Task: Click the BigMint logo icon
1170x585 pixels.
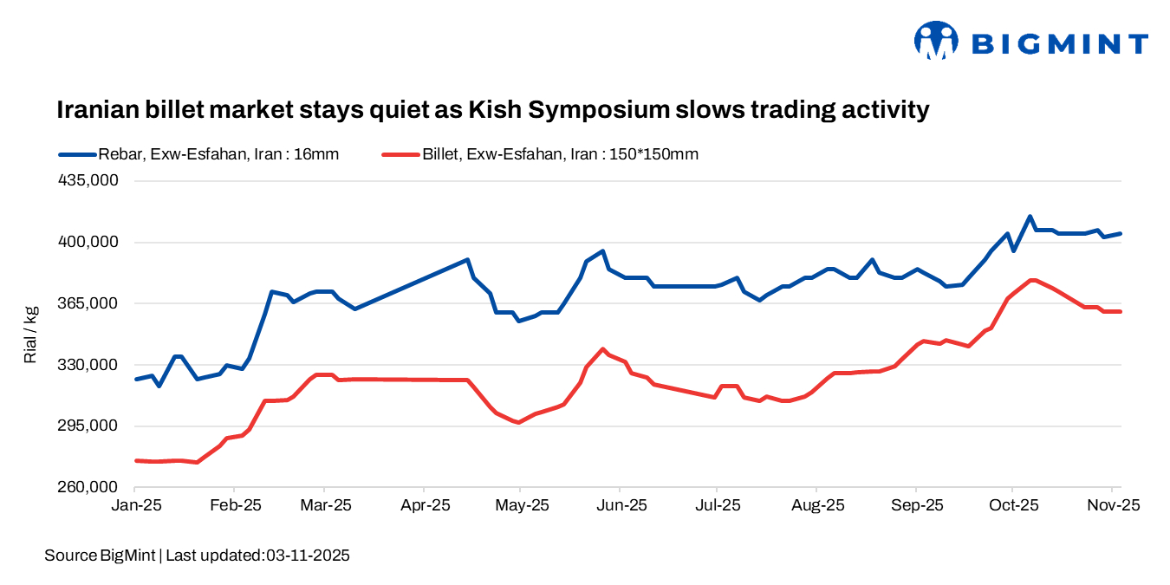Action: pos(936,41)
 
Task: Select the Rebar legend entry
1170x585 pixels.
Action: pos(198,154)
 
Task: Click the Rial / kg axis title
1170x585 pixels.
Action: pos(31,334)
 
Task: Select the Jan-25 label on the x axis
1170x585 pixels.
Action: pos(135,505)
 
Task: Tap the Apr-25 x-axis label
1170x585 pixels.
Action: pos(424,505)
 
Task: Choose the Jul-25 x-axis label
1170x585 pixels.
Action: pos(718,505)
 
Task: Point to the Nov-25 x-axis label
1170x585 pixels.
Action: pos(1115,505)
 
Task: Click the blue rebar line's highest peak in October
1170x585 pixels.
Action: pos(1030,217)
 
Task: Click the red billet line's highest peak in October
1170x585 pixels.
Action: pos(1031,280)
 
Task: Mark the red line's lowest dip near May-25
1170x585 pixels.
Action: pos(518,422)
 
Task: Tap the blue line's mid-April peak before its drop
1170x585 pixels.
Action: pos(468,259)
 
